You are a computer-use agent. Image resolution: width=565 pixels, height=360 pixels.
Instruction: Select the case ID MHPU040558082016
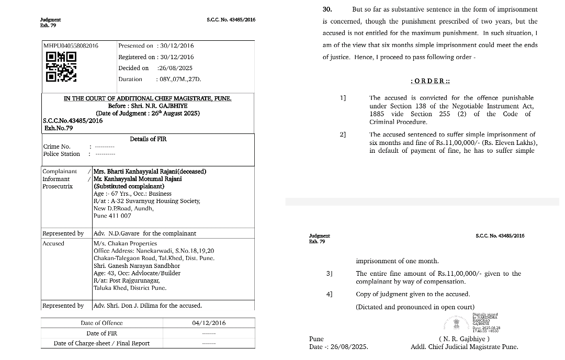[x=71, y=46]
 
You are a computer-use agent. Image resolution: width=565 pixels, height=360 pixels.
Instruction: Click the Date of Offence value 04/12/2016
[x=209, y=323]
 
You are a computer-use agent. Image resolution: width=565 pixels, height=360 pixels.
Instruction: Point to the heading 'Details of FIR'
[x=148, y=139]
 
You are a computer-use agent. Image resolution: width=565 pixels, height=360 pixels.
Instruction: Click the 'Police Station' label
[x=62, y=154]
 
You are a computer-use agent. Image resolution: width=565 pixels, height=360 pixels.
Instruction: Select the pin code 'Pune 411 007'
[x=112, y=216]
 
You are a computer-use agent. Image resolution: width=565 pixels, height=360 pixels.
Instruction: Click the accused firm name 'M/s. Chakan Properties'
[x=125, y=243]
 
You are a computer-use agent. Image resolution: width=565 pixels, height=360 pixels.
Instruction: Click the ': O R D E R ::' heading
[x=431, y=81]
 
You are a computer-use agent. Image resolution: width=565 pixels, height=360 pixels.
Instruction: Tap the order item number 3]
[x=329, y=274]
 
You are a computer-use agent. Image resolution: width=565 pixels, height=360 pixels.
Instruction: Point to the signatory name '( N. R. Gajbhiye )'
[x=464, y=339]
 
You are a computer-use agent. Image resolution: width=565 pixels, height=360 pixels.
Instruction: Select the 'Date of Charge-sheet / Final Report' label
[x=101, y=343]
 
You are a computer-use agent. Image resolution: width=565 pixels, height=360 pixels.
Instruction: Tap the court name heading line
[x=148, y=98]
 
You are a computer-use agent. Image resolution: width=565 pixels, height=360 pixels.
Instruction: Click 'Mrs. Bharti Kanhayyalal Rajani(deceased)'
[x=150, y=172]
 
